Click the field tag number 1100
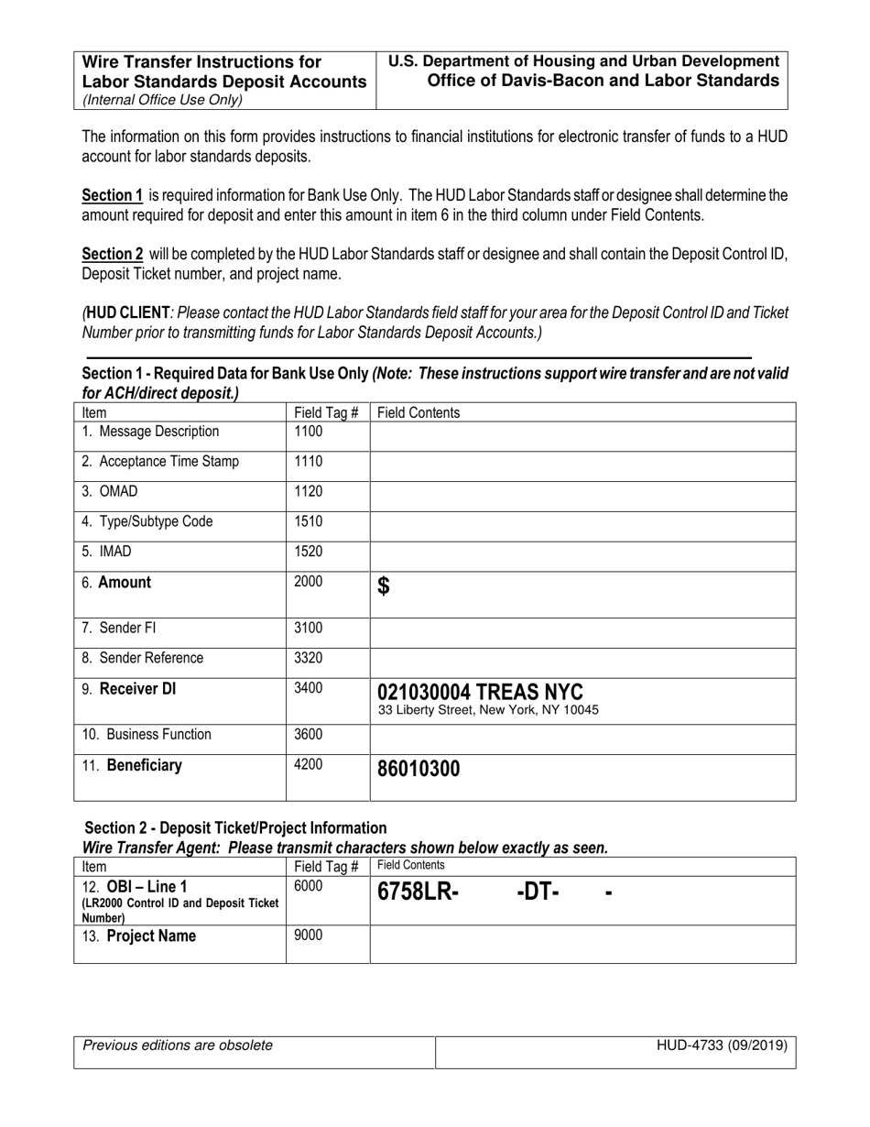[x=308, y=432]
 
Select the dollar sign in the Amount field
[x=384, y=586]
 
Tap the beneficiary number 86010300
[x=419, y=770]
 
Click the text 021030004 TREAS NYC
[x=481, y=691]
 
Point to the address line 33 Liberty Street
[x=488, y=710]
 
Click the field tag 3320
[x=308, y=659]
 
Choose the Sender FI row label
[x=129, y=629]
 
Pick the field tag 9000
[x=308, y=936]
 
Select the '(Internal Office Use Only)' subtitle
[x=163, y=101]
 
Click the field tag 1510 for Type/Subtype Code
[x=308, y=521]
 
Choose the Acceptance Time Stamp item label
[x=160, y=462]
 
